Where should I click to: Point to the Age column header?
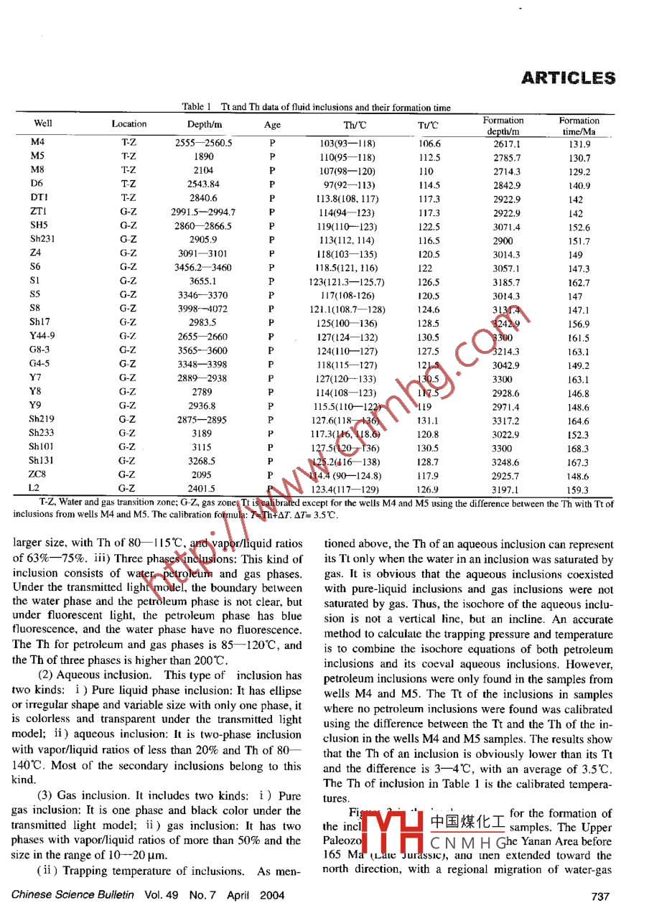point(273,125)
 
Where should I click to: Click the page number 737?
point(600,895)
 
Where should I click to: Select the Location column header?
point(129,124)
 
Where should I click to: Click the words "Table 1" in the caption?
point(196,108)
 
